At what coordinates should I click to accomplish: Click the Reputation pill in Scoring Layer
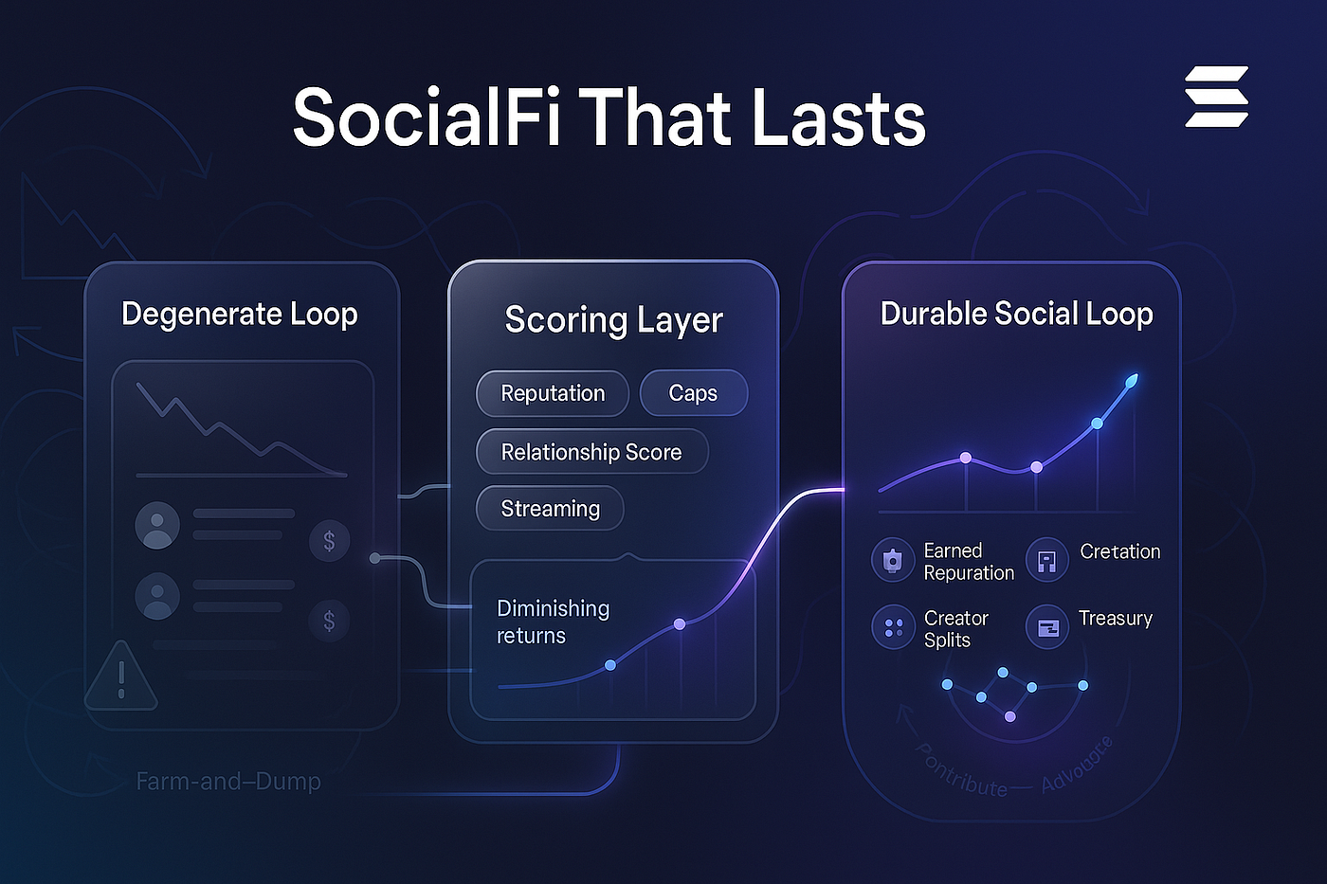[553, 393]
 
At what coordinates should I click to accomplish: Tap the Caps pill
[693, 393]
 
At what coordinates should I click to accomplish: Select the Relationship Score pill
[591, 452]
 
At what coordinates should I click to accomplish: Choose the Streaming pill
[550, 509]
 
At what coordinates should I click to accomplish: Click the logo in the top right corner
[1216, 97]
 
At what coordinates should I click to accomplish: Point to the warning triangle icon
[121, 677]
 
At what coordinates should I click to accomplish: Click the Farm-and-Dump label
[228, 782]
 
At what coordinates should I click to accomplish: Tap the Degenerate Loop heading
[240, 314]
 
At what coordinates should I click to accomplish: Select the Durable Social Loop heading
[1016, 314]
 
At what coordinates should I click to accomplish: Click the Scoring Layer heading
[613, 320]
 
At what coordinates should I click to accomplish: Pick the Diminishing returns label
[553, 622]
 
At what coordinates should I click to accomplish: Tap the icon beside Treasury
[1047, 627]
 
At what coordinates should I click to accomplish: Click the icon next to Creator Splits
[893, 627]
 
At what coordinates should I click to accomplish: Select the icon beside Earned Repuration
[893, 560]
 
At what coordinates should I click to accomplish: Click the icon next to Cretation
[1047, 560]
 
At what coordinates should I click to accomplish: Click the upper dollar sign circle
[329, 541]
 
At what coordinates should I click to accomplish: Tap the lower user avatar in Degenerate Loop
[157, 597]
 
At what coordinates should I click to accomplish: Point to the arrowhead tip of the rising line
[1132, 381]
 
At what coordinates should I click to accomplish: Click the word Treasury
[1116, 619]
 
